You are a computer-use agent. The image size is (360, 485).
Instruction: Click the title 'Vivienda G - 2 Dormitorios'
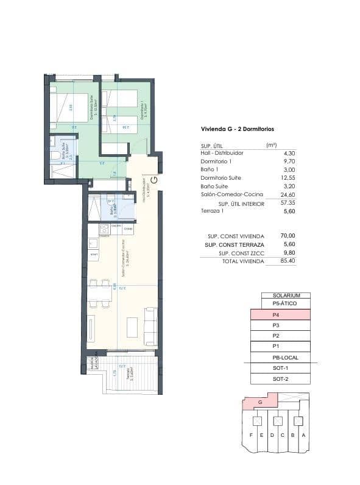[237, 129]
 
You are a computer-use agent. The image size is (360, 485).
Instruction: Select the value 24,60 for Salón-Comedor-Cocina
[270, 194]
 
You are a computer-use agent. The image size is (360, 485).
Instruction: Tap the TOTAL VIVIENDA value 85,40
[270, 261]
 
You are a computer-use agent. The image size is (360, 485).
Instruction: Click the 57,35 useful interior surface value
[270, 203]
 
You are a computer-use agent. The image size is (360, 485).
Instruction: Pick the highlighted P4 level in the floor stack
[280, 315]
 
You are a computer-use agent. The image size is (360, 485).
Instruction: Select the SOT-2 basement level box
[280, 379]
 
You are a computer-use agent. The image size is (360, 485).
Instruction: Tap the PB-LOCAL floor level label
[280, 358]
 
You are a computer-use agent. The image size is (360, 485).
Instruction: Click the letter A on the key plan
[303, 435]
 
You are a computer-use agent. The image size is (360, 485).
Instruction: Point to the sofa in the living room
[150, 326]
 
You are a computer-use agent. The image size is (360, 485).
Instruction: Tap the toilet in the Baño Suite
[55, 156]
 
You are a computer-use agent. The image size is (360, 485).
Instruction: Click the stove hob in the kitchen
[104, 229]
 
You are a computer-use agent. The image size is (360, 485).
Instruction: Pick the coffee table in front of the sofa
[132, 327]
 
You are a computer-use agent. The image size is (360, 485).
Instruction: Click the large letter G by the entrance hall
[154, 180]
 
